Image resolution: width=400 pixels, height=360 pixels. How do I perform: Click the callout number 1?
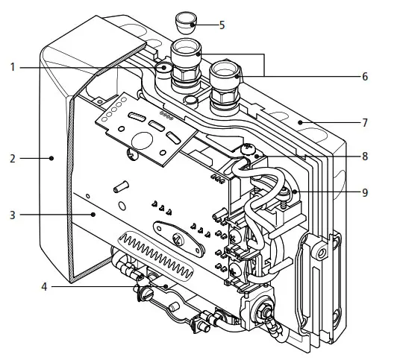[x=13, y=68]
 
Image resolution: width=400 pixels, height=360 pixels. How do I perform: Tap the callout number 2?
[x=13, y=159]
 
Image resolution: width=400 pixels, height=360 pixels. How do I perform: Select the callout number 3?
[x=13, y=215]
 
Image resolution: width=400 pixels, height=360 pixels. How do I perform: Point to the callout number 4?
[x=44, y=287]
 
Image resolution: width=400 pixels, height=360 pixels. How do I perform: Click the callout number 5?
[x=222, y=25]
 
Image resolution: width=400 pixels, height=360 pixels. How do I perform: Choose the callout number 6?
[x=365, y=77]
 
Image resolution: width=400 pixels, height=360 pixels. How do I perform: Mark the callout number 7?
[x=365, y=123]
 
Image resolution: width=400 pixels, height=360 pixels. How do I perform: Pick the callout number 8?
[x=365, y=157]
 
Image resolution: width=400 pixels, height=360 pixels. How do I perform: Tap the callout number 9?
[x=365, y=192]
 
